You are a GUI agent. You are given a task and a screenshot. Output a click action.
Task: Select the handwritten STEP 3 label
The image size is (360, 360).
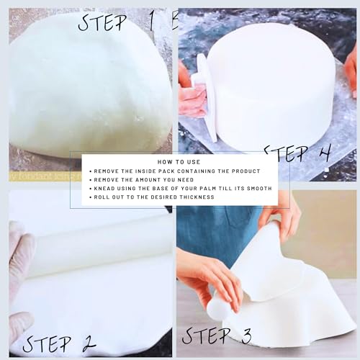pos(217,335)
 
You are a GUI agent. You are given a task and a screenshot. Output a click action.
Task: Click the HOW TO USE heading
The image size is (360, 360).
pos(178,163)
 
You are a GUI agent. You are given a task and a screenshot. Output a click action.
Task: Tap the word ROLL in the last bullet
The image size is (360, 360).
pos(102,197)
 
